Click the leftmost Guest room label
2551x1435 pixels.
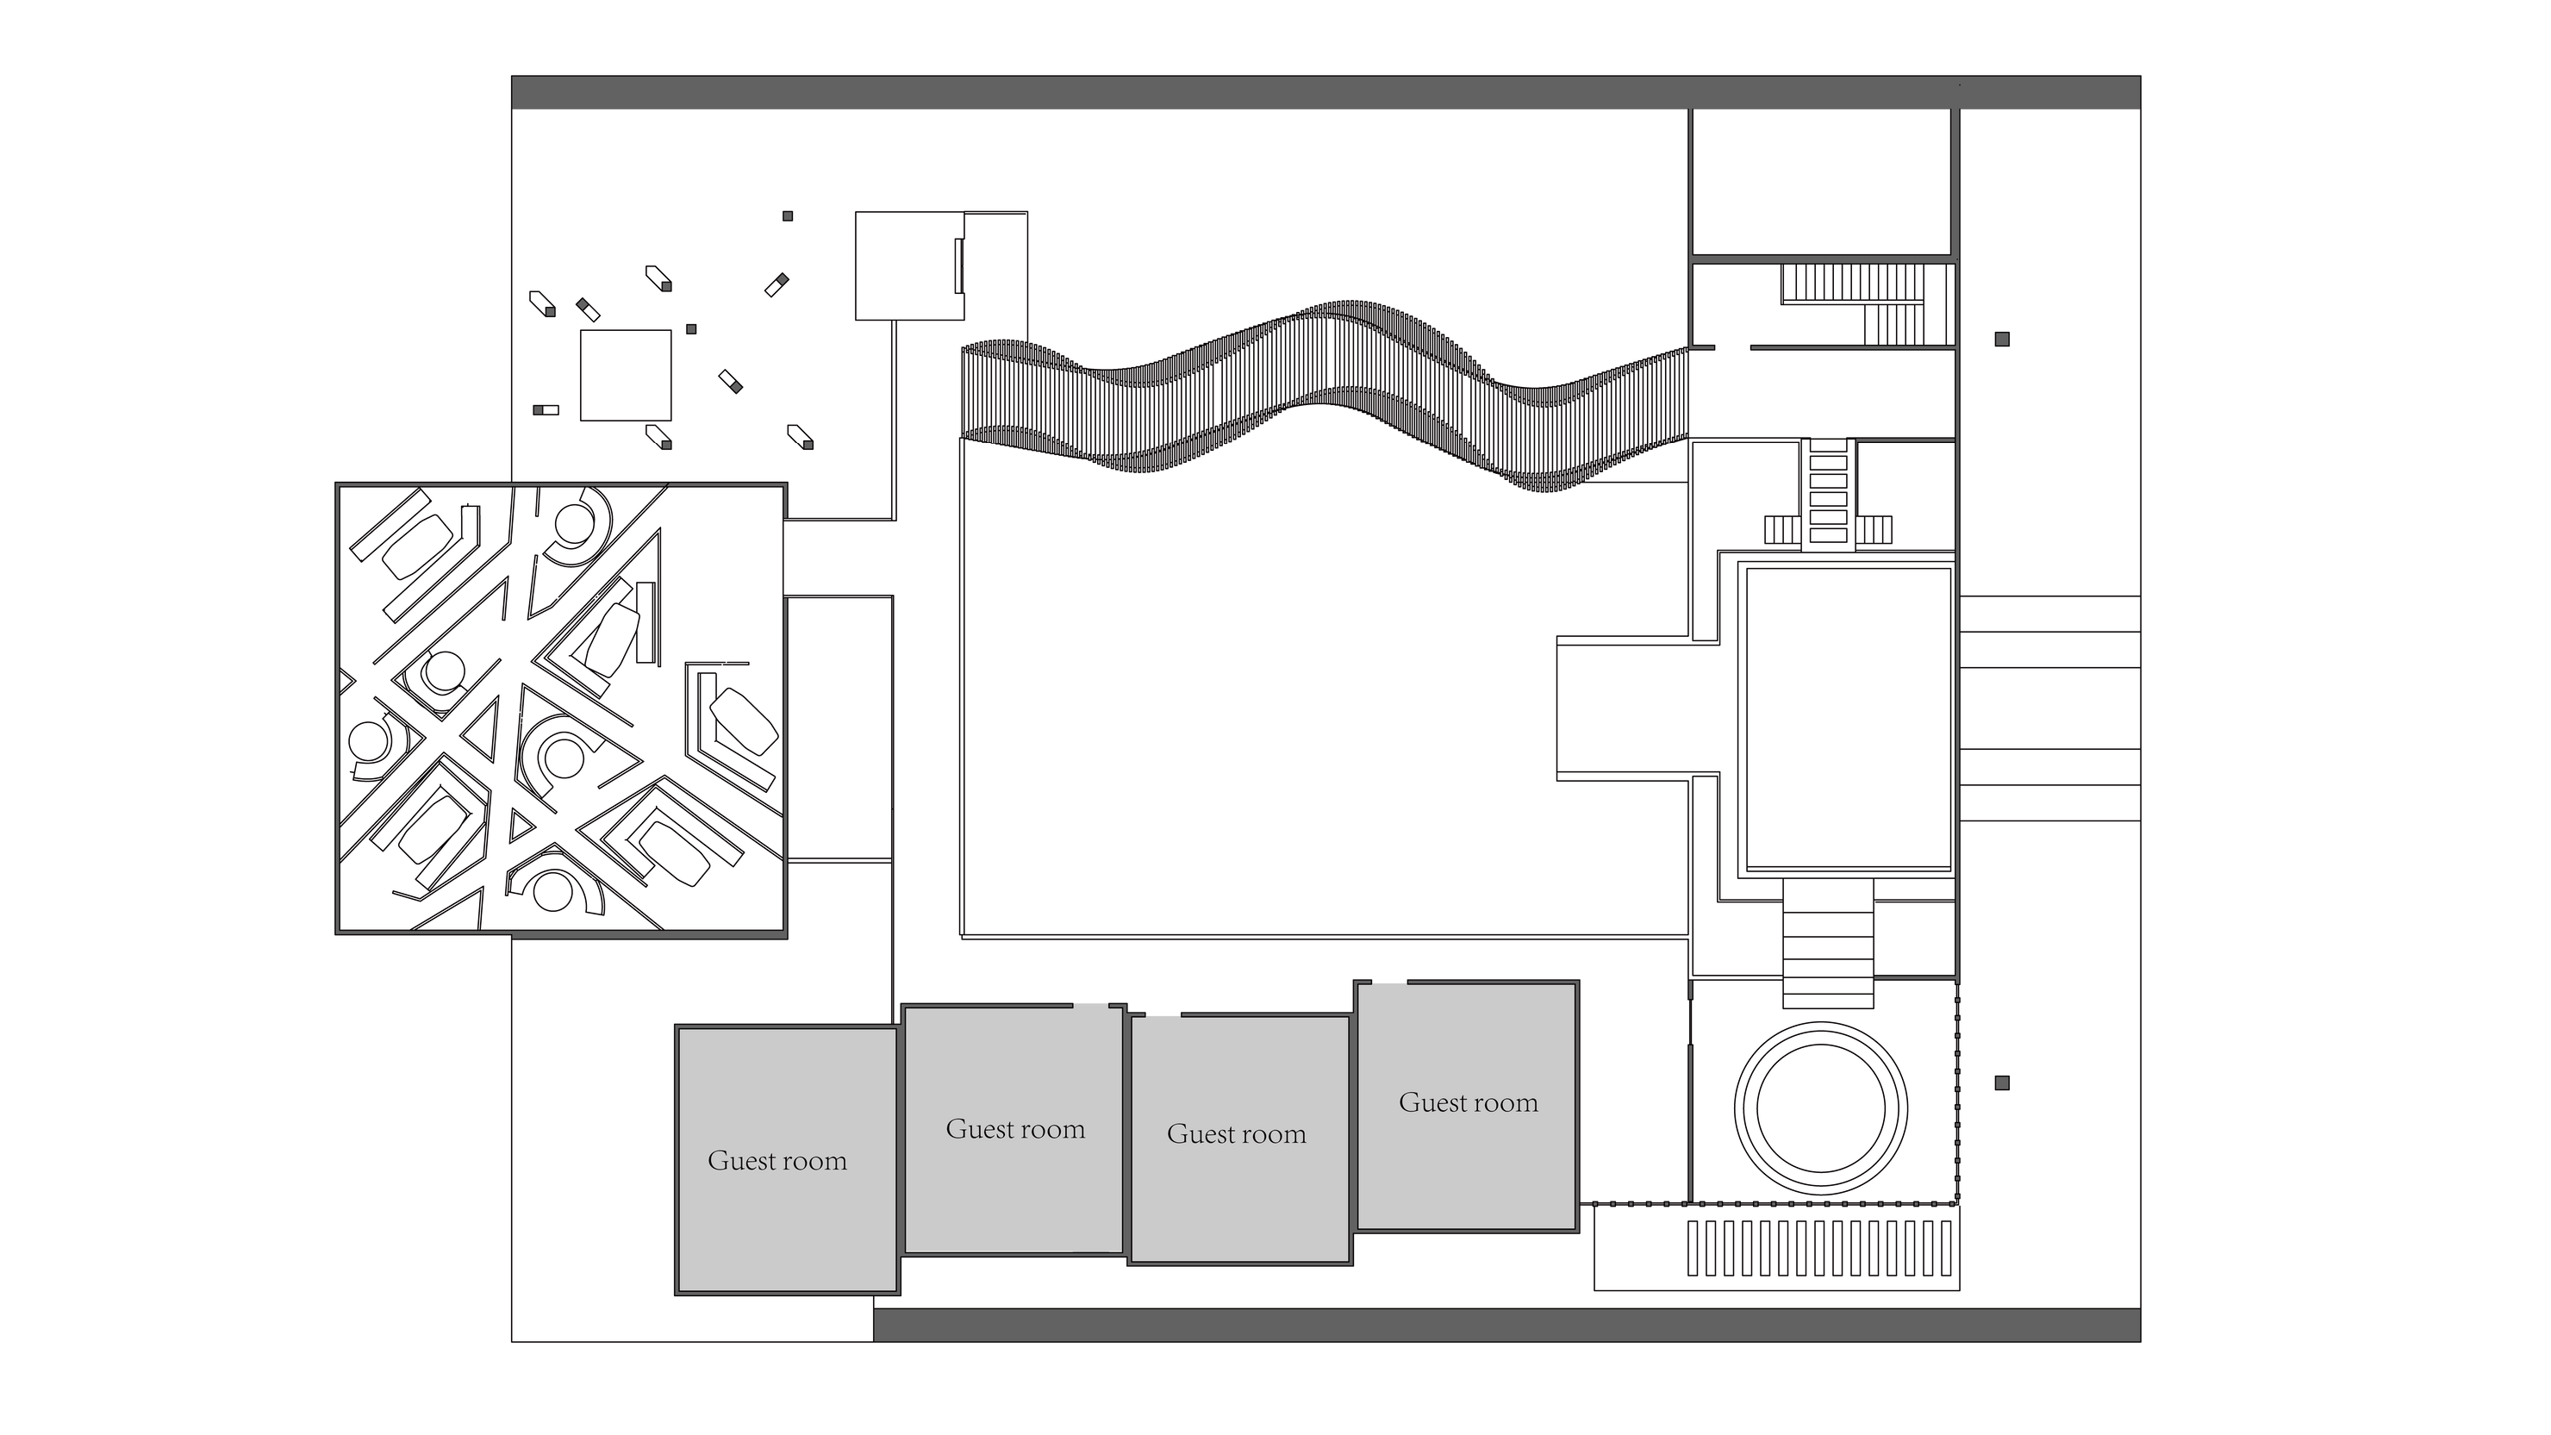[x=777, y=1161]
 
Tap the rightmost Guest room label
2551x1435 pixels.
[x=1469, y=1102]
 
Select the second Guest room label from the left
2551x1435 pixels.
[x=1015, y=1129]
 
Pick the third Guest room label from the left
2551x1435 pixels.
[x=1236, y=1134]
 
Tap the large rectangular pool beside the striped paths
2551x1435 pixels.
[x=1847, y=718]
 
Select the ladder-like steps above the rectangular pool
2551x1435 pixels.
[x=1828, y=492]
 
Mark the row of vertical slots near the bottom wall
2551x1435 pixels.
[x=1820, y=1247]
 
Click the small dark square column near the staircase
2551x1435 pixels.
[x=2001, y=339]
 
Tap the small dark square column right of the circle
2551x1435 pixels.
[x=2001, y=1082]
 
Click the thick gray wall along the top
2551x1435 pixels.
[x=1326, y=92]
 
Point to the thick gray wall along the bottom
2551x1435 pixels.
[x=1506, y=1325]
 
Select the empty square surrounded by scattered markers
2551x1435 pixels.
[x=626, y=375]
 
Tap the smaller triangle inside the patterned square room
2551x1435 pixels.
[x=521, y=825]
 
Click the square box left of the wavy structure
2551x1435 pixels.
[x=910, y=265]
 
